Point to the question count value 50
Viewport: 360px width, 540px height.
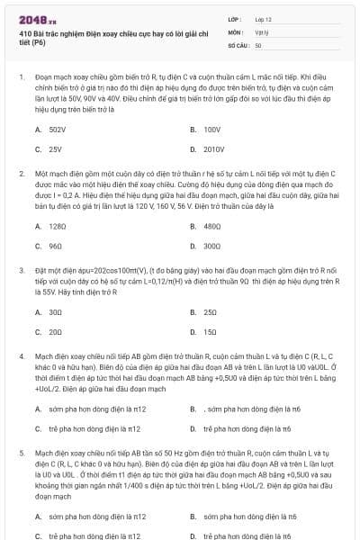pos(258,44)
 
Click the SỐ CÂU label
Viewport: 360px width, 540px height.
pos(238,44)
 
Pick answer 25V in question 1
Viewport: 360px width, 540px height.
pos(56,148)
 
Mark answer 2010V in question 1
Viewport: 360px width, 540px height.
pos(214,148)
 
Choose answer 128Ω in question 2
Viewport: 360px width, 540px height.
pos(58,226)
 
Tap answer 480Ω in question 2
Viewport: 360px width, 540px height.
pos(213,226)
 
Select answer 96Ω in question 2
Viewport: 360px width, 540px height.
pos(56,245)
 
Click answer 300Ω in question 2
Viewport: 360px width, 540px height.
pos(213,245)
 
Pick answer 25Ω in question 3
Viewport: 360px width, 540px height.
pos(211,311)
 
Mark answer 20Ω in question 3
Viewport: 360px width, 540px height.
pos(56,330)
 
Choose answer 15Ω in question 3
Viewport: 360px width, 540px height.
pos(211,330)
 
